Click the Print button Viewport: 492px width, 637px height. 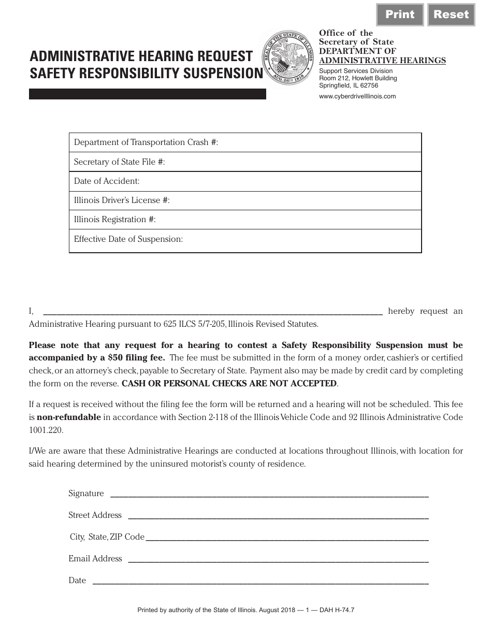coord(400,15)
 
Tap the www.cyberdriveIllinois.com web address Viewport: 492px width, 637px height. coord(357,96)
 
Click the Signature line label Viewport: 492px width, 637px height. coord(86,494)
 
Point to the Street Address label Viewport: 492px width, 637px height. coord(95,515)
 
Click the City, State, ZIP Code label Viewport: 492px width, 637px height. coord(107,537)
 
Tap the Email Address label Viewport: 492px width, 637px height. coord(95,559)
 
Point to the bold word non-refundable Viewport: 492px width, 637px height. coord(68,417)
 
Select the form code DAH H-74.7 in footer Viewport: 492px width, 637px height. coord(337,611)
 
